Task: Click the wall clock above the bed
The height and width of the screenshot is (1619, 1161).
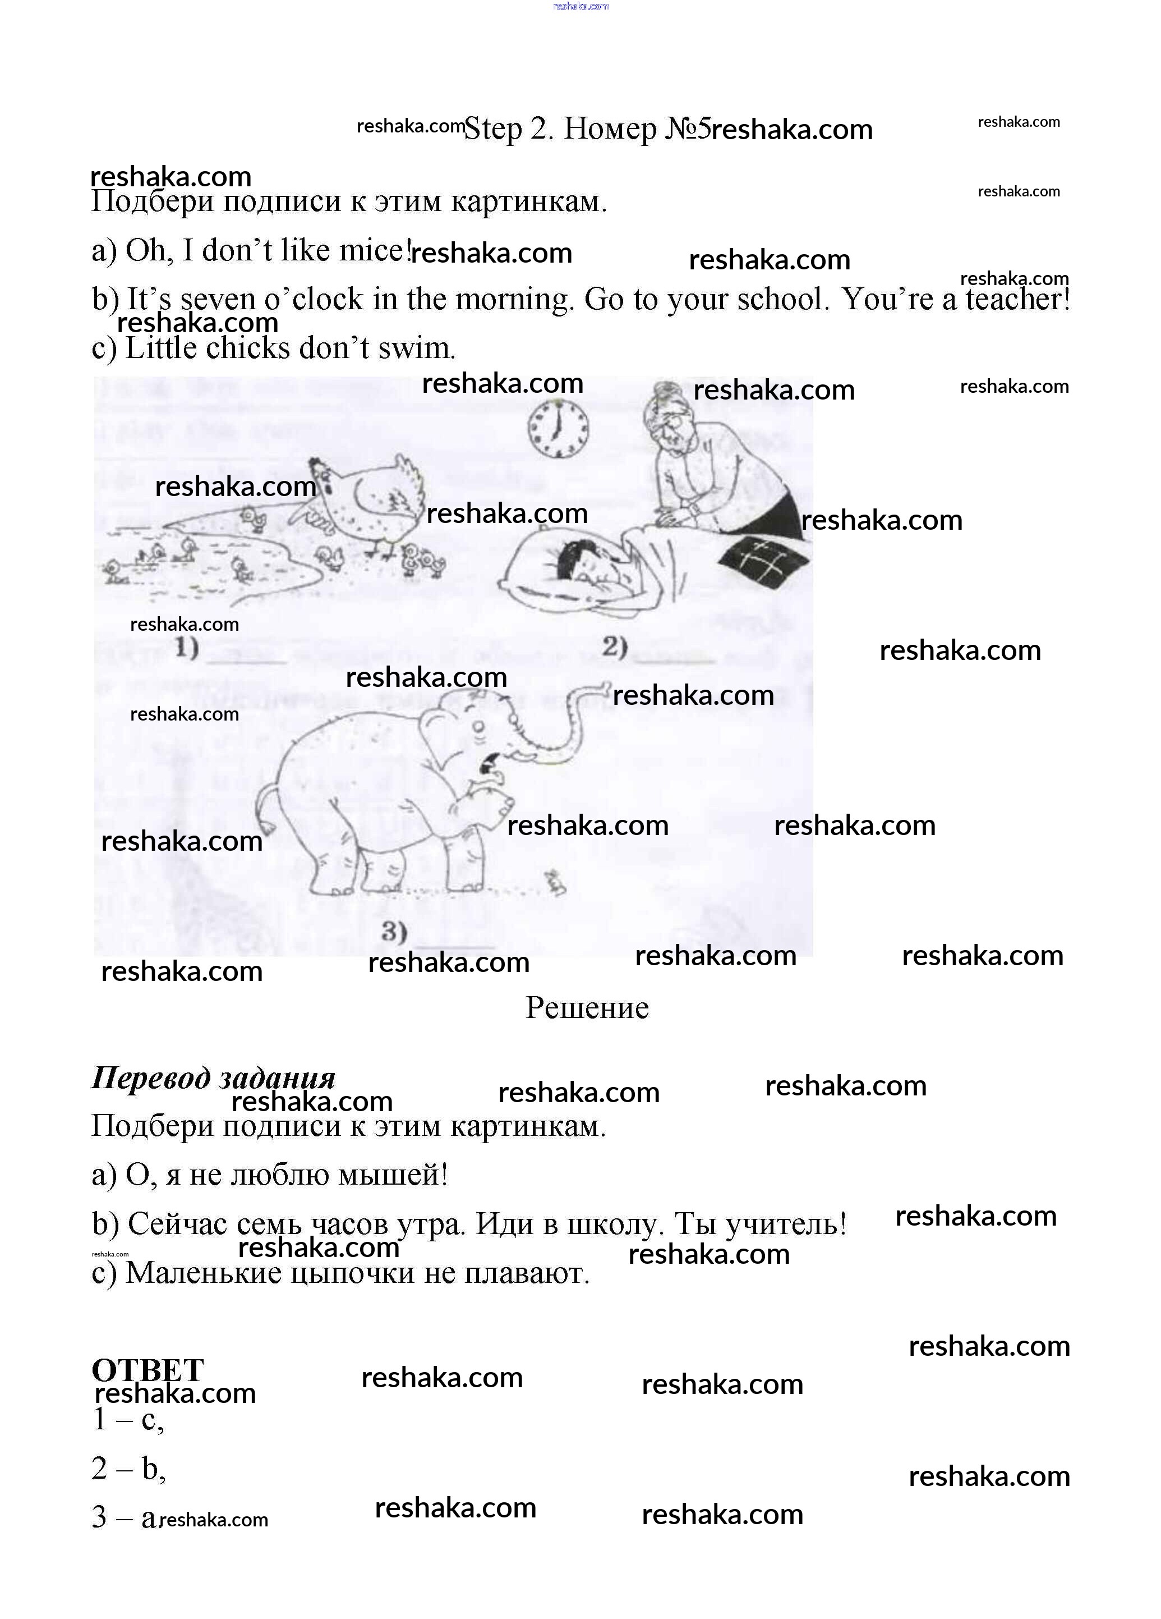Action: pos(558,428)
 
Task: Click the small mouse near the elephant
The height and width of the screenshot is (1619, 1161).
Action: pos(555,883)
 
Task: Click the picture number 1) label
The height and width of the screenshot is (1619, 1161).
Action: pos(186,648)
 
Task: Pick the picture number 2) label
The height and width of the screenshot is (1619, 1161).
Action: pos(614,646)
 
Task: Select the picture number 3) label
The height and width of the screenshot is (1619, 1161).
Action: pos(394,931)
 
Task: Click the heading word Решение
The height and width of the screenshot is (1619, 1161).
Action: pos(587,1008)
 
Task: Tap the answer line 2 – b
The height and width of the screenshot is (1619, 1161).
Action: pos(128,1469)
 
